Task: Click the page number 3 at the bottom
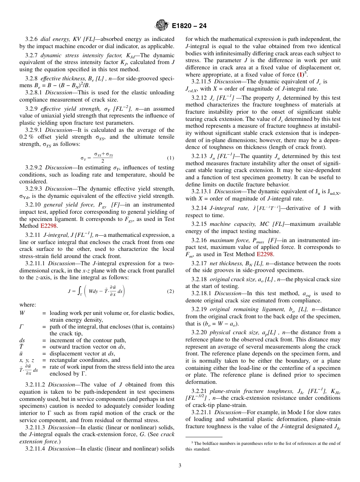[x=180, y=465]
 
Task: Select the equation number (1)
[x=170, y=158]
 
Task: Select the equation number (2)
[x=170, y=291]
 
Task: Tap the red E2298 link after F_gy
[x=49, y=225]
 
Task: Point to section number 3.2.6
[x=31, y=39]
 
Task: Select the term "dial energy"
[x=55, y=39]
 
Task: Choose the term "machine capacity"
[x=230, y=224]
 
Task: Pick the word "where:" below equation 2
[x=28, y=305]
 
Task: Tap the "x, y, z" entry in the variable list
[x=27, y=360]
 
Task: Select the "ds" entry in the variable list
[x=22, y=340]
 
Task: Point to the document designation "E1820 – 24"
[x=189, y=26]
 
